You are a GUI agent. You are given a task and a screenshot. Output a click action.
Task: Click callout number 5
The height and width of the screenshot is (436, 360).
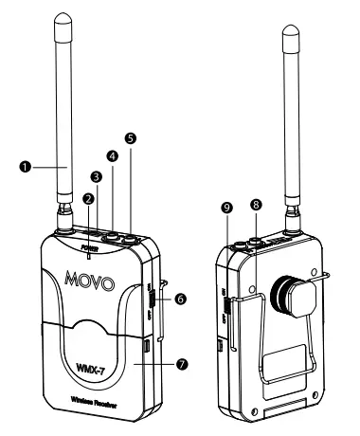click(x=130, y=137)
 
